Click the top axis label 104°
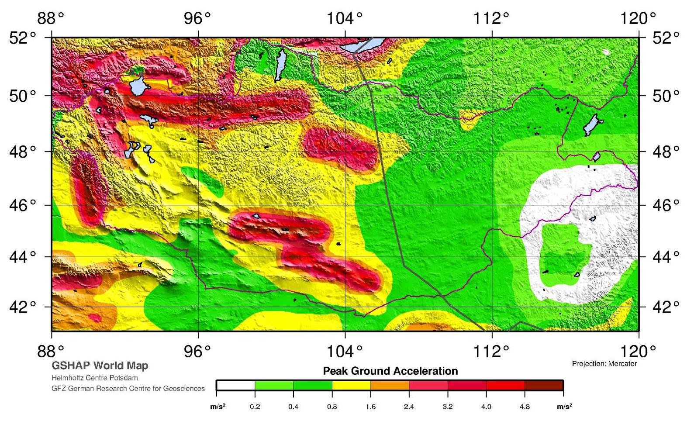pos(345,18)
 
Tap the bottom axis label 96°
pos(197,351)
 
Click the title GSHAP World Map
pos(100,366)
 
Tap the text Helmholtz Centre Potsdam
pos(94,378)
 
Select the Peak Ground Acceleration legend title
pos(390,371)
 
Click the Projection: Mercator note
pos(604,363)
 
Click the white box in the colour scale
pos(236,386)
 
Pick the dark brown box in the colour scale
pos(544,386)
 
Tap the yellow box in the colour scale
pos(351,386)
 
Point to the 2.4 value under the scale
pos(409,407)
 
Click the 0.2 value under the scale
pos(255,407)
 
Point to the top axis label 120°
pos(638,18)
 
